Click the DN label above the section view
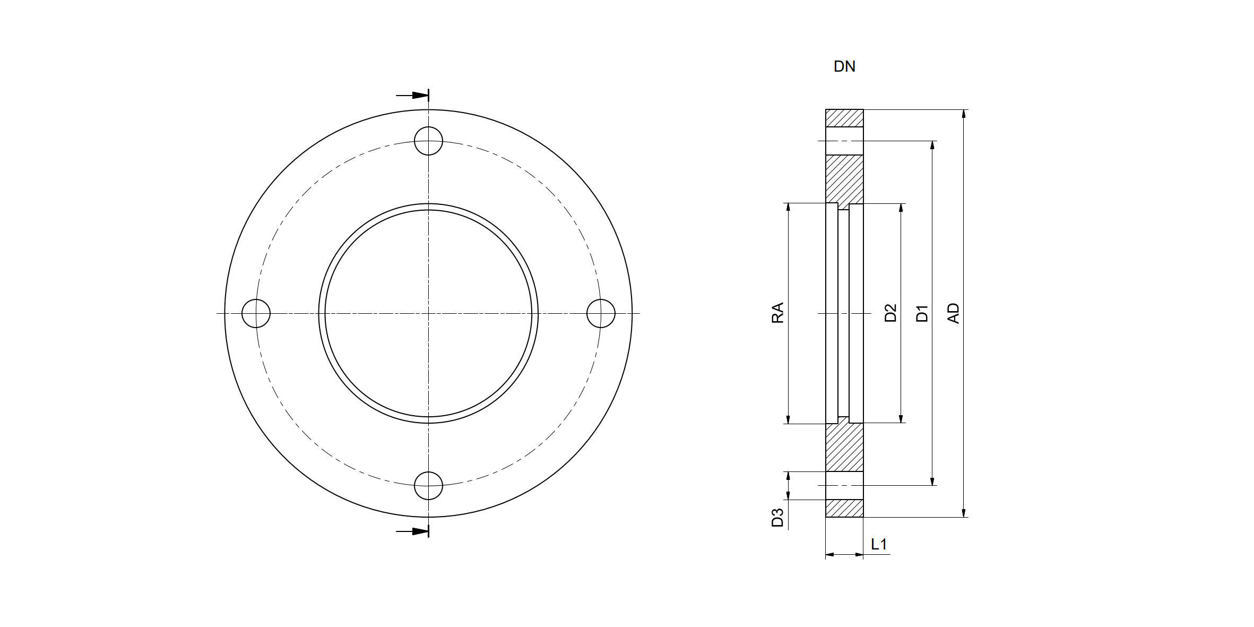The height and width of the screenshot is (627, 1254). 844,67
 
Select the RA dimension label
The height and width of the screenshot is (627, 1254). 777,313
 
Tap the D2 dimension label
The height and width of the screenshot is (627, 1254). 890,313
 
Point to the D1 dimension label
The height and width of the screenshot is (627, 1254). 922,313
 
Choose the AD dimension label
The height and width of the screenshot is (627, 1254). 954,313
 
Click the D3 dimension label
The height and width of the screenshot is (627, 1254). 777,517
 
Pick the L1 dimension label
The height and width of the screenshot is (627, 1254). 879,544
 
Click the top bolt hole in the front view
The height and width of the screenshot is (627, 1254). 428,141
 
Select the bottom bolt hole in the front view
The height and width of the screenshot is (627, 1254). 428,485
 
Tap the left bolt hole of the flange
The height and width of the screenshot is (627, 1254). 256,313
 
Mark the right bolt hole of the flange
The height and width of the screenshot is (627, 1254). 601,313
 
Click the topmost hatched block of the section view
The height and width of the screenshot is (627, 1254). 844,118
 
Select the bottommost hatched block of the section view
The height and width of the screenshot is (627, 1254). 844,509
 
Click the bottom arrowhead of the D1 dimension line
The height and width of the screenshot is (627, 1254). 932,481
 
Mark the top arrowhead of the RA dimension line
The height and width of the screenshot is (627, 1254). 788,207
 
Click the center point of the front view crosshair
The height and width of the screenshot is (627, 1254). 428,313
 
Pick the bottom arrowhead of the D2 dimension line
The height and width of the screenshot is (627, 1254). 901,418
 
